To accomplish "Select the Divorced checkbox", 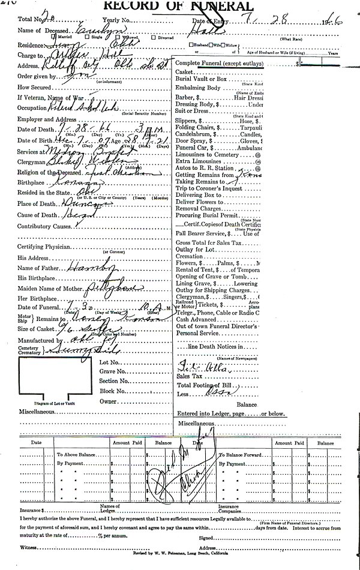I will [154, 37].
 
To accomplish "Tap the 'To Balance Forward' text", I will [239, 455].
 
